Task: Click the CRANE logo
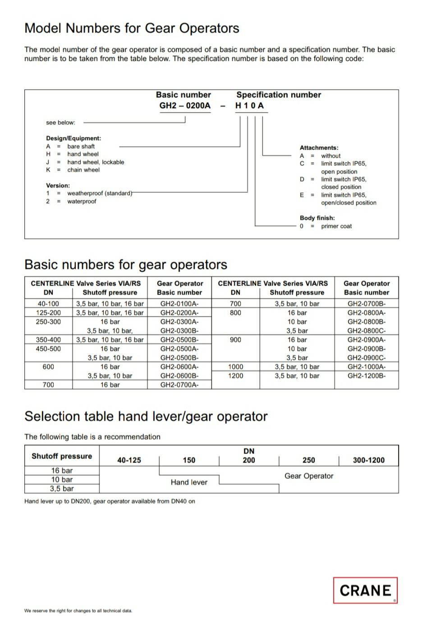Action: (365, 590)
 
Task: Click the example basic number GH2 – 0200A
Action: (185, 106)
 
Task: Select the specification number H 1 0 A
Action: (249, 106)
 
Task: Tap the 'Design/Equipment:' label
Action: (73, 138)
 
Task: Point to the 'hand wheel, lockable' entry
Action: (96, 162)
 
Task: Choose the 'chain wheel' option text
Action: (83, 170)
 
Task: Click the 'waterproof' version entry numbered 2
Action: (82, 201)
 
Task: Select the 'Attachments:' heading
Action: (319, 148)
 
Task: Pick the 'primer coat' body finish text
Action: (336, 226)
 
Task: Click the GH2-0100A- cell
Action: (179, 304)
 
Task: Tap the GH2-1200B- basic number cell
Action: (367, 376)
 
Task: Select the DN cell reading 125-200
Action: (48, 313)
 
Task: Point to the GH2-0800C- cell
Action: (367, 331)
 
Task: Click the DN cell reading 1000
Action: (235, 367)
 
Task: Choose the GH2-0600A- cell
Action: (179, 367)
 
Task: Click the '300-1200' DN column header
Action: (368, 460)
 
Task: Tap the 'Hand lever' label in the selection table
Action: (189, 482)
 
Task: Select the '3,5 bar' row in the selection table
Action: (62, 489)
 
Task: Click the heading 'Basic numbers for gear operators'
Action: (126, 264)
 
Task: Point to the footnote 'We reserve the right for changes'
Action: (78, 611)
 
